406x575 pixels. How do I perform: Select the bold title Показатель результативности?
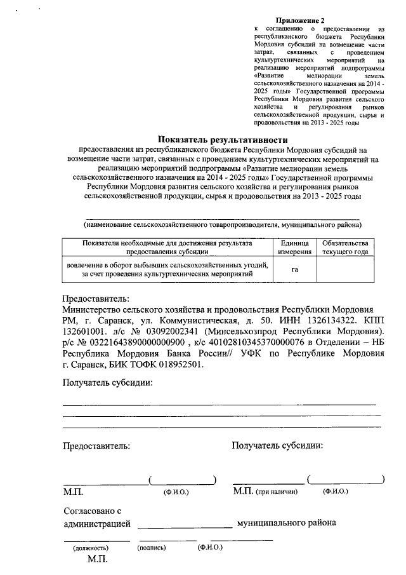[223, 139]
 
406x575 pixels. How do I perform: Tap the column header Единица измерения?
[295, 247]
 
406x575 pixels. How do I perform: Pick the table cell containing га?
[295, 269]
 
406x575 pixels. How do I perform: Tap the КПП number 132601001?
[84, 332]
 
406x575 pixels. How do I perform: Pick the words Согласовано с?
[92, 511]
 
